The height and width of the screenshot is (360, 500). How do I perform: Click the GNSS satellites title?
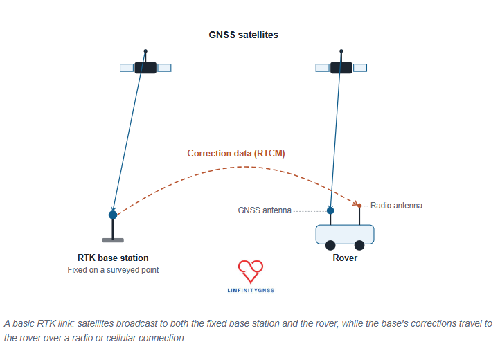243,35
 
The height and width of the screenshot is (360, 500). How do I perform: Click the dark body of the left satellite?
145,68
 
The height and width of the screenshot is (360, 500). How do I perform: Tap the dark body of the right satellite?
341,68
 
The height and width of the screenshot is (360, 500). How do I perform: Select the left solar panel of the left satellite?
127,68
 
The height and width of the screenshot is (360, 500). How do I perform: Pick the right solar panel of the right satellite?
360,68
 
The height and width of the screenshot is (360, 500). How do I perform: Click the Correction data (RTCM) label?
236,154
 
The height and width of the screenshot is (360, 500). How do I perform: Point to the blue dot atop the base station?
113,215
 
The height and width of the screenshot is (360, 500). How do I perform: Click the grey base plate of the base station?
113,240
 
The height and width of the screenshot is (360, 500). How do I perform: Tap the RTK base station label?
113,258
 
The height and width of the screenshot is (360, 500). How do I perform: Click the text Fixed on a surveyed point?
113,270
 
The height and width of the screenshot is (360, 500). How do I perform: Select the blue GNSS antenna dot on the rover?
330,210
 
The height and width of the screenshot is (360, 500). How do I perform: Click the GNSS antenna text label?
265,210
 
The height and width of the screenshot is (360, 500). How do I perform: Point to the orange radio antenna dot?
359,206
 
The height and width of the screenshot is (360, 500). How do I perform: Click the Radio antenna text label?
396,206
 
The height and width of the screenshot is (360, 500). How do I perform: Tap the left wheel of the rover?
330,245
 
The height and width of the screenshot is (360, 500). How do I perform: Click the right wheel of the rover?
359,245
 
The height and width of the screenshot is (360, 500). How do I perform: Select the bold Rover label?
345,258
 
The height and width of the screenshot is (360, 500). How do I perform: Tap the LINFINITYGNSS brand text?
251,290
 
